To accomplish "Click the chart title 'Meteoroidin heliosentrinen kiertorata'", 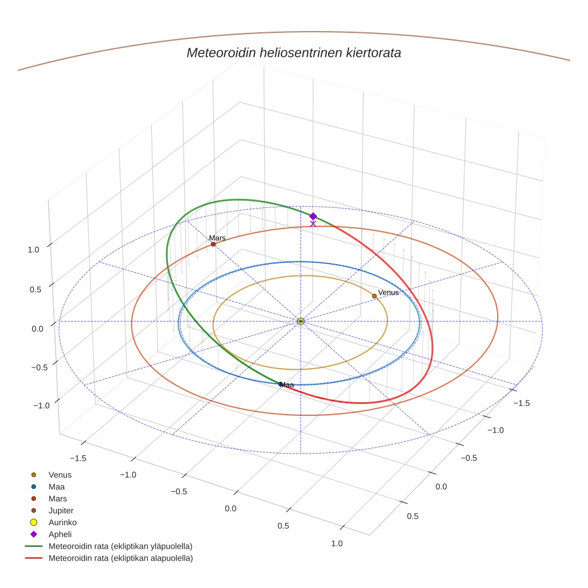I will [x=293, y=53].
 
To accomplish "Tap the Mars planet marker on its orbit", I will [x=213, y=244].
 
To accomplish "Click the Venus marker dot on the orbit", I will [x=374, y=296].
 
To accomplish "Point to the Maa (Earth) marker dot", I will [x=280, y=384].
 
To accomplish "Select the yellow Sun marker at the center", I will [x=301, y=321].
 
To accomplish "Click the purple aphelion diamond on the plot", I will [x=313, y=216].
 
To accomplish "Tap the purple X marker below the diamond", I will [x=313, y=223].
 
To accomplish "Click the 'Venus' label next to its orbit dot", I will [x=388, y=292].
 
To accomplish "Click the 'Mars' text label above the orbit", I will [x=218, y=238].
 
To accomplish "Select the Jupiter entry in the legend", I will [x=60, y=510].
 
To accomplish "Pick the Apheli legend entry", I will [x=60, y=534].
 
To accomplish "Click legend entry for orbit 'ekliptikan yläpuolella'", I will [x=120, y=546].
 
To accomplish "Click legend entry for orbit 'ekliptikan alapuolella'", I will [x=120, y=558].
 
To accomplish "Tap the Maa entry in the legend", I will [x=57, y=486].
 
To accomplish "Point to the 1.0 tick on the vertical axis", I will [x=33, y=249].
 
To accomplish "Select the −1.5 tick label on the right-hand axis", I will [x=521, y=403].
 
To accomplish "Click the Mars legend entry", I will [x=57, y=498].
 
